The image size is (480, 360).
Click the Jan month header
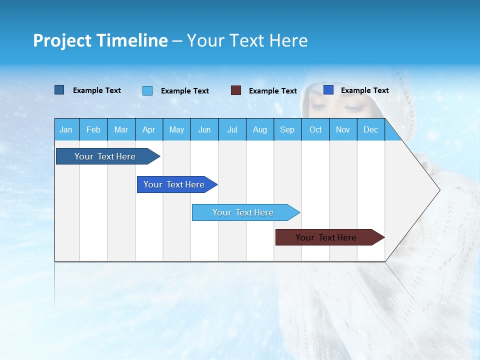66,129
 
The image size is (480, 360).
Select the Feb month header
93,129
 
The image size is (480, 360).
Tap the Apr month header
148,129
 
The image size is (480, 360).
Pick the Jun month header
204,129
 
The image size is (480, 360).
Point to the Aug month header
259,129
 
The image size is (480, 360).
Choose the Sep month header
287,129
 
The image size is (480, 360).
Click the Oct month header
315,129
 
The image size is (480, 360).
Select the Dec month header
370,129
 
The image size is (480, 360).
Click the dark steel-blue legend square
59,90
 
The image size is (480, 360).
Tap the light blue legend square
147,90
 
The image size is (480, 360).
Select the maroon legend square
235,90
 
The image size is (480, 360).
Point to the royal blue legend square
328,89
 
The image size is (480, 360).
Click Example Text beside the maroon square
272,91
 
